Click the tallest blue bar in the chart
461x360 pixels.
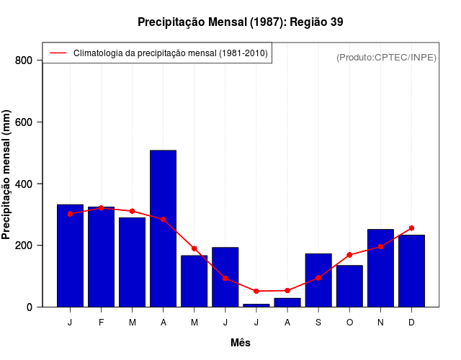point(163,228)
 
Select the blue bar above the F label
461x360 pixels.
point(101,257)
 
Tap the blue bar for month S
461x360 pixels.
point(318,281)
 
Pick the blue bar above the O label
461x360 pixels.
point(349,287)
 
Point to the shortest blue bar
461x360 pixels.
point(256,305)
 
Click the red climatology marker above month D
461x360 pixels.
point(411,228)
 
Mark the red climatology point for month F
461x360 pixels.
point(101,208)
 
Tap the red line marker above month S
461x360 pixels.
point(318,278)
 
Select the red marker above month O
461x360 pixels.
point(349,255)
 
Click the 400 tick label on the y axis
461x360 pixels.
point(24,184)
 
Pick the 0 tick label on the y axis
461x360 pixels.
point(30,307)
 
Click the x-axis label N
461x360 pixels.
point(380,323)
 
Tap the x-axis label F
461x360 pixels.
point(101,323)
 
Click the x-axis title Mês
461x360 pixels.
point(241,343)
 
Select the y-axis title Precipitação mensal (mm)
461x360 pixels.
point(7,175)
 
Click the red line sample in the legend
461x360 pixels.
point(58,53)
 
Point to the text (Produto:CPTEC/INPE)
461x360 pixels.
point(386,57)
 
